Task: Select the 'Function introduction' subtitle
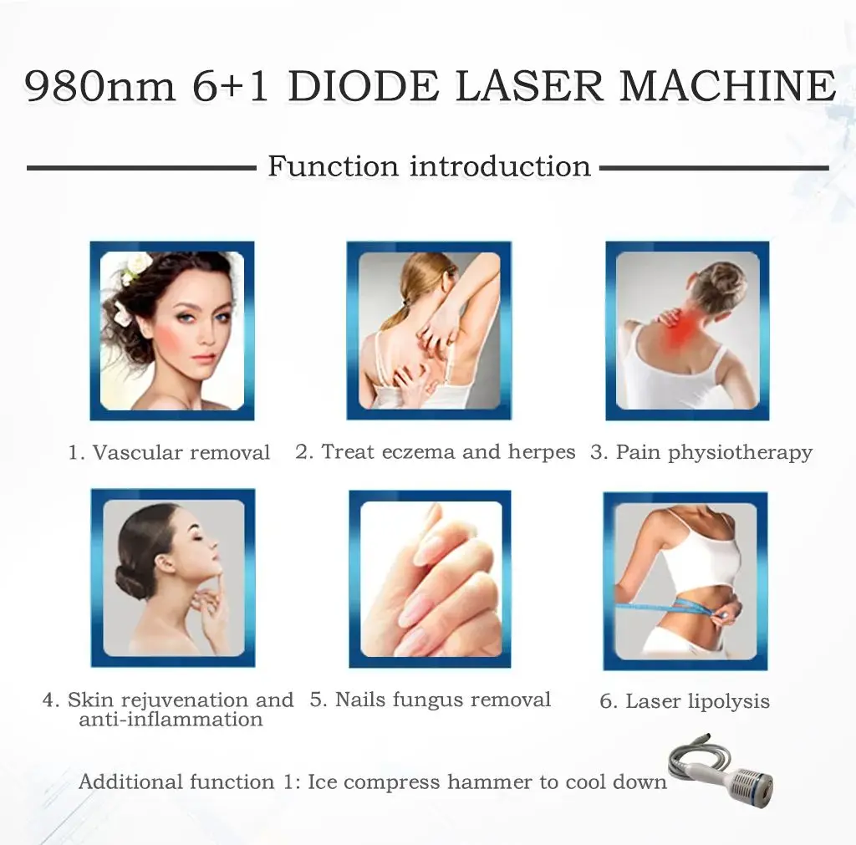429,166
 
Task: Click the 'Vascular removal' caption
170,453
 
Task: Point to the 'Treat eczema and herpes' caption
436,452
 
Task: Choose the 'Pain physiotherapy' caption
701,453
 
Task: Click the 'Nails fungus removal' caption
431,700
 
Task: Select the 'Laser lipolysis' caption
685,701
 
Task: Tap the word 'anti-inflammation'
171,720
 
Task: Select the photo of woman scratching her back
429,330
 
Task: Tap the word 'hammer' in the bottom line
492,782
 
